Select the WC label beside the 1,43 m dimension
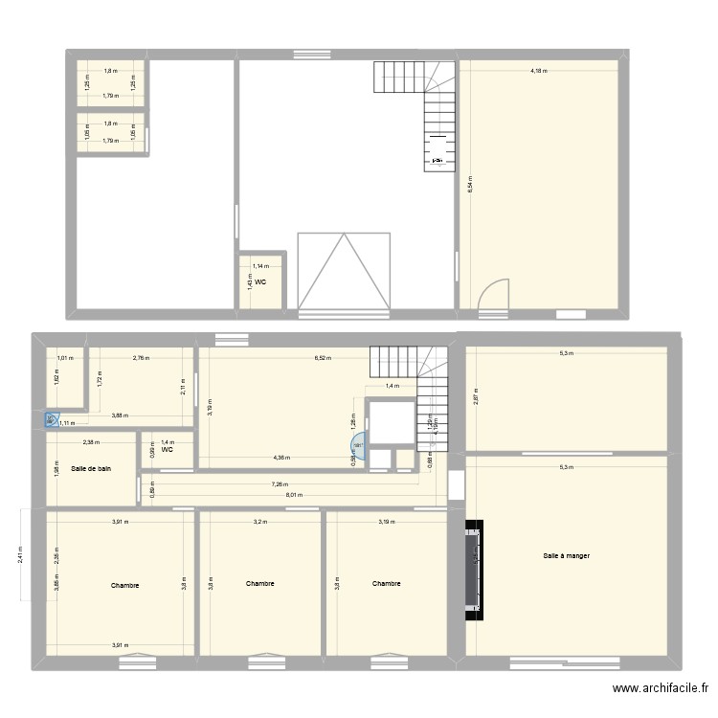[x=260, y=281]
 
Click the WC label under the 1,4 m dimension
[x=167, y=449]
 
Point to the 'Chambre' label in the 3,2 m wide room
[x=259, y=583]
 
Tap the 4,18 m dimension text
[x=539, y=70]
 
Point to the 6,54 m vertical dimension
[x=469, y=185]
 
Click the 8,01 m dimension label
[x=294, y=495]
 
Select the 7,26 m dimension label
[x=281, y=484]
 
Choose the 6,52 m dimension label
[x=324, y=358]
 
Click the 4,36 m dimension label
[x=281, y=458]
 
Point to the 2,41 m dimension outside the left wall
[x=21, y=555]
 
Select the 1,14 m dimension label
[x=260, y=266]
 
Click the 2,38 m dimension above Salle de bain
[x=90, y=442]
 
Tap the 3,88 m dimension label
[x=120, y=415]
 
